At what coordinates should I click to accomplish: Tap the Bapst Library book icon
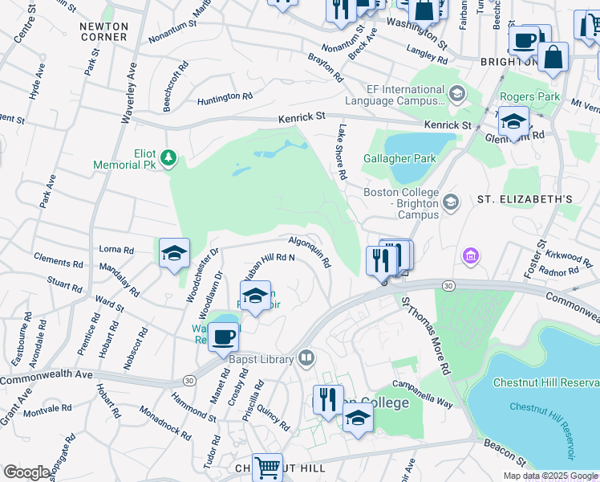pos(306,358)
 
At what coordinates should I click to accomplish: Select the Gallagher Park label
pos(399,158)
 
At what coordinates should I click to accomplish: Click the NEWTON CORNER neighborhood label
pos(104,32)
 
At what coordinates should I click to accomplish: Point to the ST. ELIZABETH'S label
pos(525,198)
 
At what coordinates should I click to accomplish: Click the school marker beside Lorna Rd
pos(174,253)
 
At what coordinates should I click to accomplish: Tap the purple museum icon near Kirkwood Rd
pos(471,257)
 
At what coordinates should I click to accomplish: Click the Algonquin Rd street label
pos(310,251)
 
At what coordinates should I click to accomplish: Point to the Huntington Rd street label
pos(225,97)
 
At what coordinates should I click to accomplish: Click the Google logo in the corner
pos(27,472)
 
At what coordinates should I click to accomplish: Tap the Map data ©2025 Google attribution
pos(549,476)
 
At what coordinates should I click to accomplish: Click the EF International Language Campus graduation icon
pos(457,95)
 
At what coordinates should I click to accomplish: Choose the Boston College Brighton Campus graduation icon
pos(451,200)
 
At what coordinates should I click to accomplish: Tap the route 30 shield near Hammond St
pos(189,380)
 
